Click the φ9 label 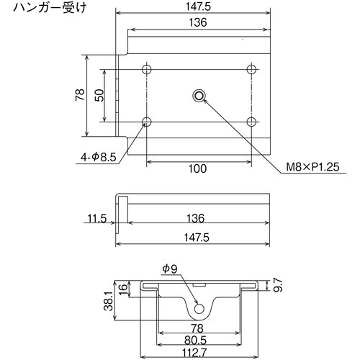pyautogui.click(x=170, y=269)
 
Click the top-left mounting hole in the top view pyautogui.click(x=147, y=69)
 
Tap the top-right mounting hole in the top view pyautogui.click(x=251, y=69)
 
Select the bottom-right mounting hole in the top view pyautogui.click(x=251, y=120)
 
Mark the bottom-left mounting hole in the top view pyautogui.click(x=147, y=120)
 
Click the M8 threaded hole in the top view pyautogui.click(x=199, y=95)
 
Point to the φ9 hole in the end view pyautogui.click(x=199, y=309)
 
